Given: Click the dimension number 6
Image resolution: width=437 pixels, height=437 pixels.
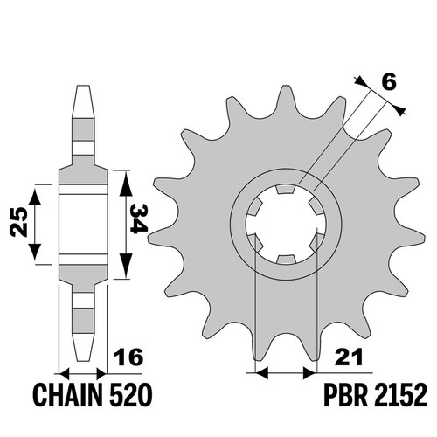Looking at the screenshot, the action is (389, 82).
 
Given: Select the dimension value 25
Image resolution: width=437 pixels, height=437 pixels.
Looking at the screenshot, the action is (18, 221).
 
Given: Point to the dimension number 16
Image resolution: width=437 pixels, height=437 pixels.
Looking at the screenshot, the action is (128, 357).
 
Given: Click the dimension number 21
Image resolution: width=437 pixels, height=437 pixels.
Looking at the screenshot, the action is (349, 357).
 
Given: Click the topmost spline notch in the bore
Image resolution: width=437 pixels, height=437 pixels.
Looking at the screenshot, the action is (285, 190).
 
